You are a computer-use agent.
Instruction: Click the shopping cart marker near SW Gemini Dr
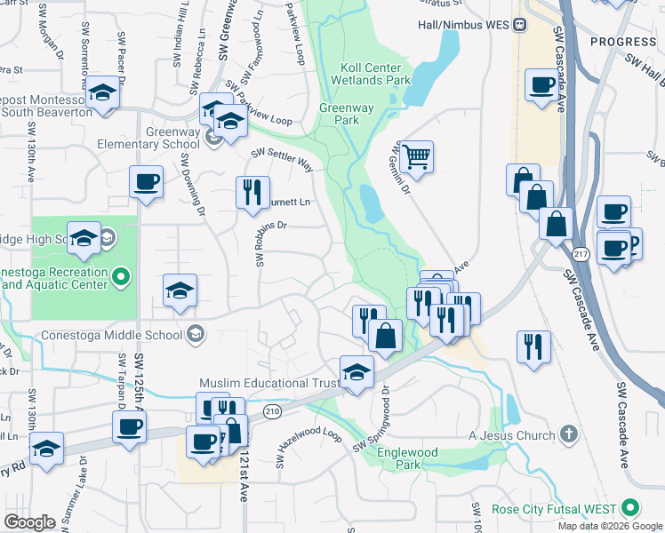tap(416, 157)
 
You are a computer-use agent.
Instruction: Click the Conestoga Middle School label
tap(112, 336)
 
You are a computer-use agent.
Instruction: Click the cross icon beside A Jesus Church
tap(569, 435)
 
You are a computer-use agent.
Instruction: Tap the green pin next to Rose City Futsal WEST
tap(630, 508)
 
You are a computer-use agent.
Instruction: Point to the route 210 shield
tap(272, 411)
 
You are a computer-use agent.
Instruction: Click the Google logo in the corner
tap(29, 522)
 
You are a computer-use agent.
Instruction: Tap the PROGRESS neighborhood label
tap(622, 42)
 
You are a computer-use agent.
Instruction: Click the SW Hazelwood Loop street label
tap(308, 448)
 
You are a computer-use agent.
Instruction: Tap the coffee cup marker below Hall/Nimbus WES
tap(541, 86)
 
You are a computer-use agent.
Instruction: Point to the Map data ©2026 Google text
tap(609, 526)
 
